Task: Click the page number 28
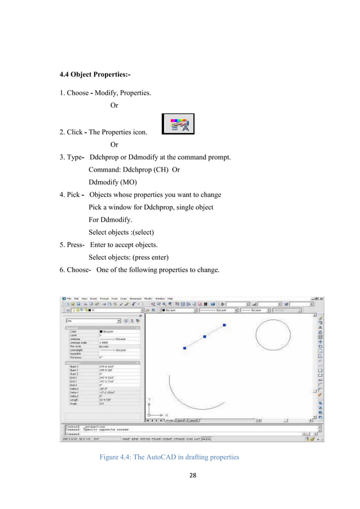coord(180,476)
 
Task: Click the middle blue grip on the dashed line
coord(204,337)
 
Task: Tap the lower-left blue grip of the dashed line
coord(185,348)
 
